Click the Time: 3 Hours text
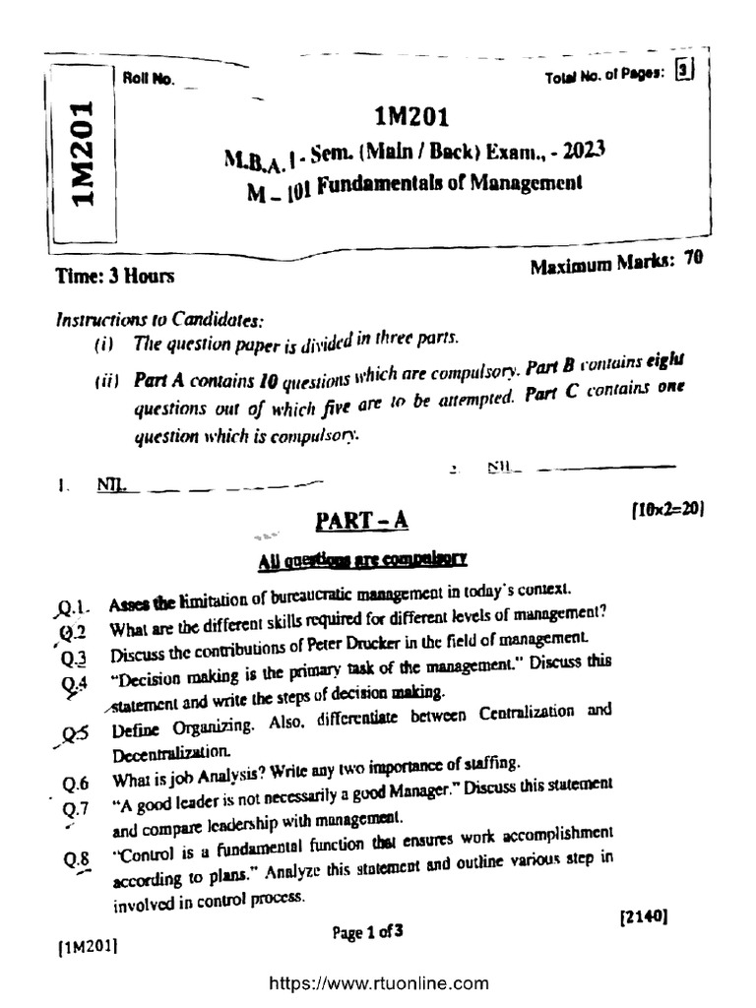(115, 277)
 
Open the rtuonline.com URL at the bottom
(378, 982)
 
